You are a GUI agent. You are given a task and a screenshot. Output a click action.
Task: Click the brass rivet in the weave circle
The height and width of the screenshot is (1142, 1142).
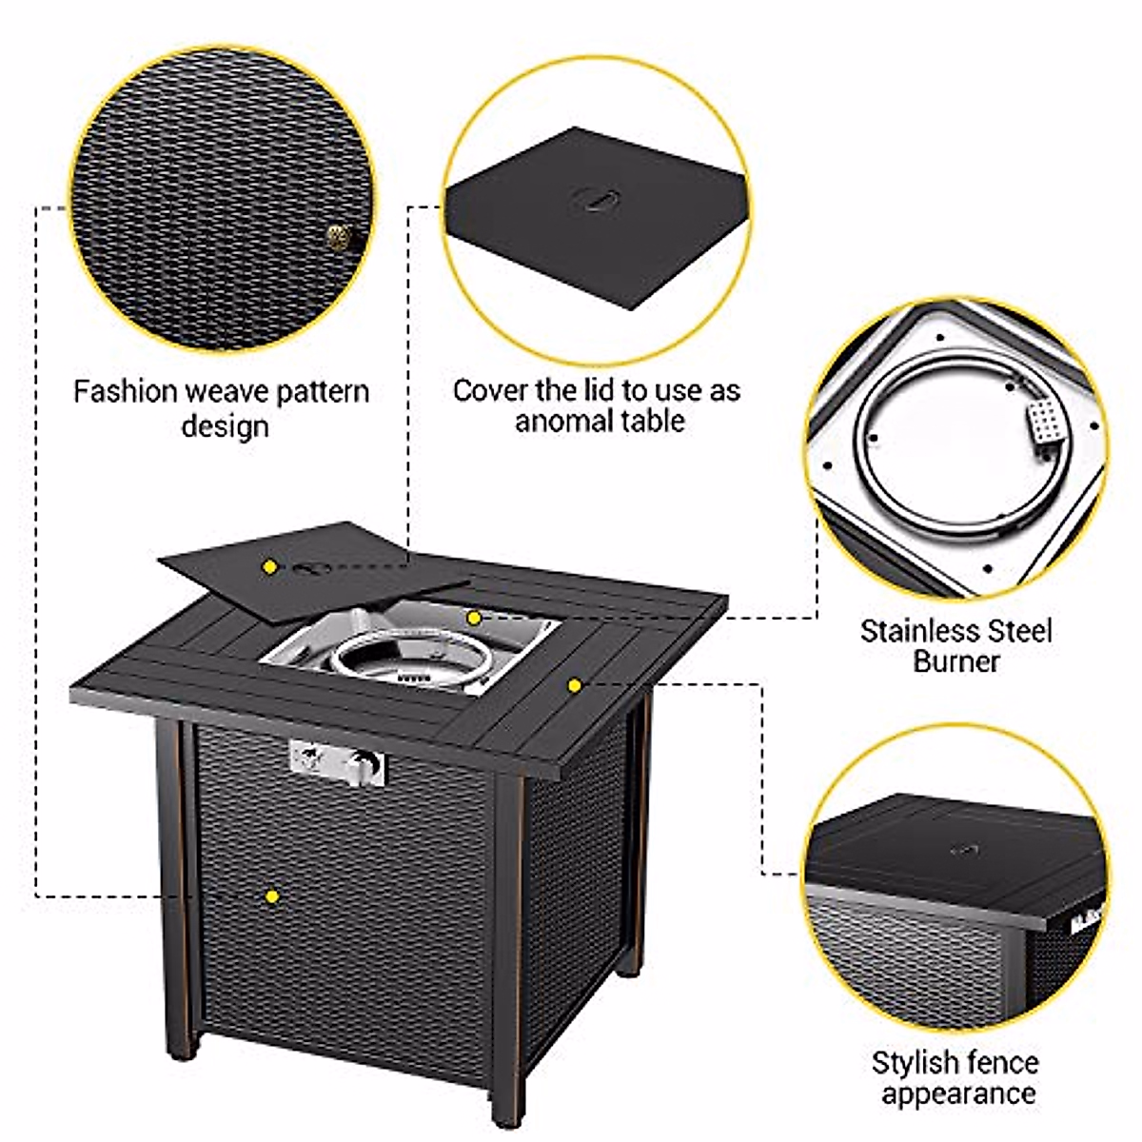[x=338, y=236]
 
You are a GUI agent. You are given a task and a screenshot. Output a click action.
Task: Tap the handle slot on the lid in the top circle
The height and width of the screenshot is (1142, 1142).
[x=594, y=199]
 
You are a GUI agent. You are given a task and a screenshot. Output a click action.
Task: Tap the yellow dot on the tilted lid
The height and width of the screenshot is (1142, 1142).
[x=270, y=566]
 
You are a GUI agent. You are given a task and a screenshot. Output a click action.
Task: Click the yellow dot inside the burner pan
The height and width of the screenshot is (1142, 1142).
[x=473, y=618]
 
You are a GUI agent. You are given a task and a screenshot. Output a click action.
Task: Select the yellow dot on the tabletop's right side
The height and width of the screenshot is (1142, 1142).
[x=574, y=684]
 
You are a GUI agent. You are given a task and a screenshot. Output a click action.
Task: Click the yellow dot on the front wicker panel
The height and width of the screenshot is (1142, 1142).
[x=272, y=896]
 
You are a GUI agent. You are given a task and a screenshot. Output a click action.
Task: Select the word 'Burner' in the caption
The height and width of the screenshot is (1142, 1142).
[x=956, y=661]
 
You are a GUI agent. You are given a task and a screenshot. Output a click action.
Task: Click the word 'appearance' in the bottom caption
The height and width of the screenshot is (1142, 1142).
[x=957, y=1093]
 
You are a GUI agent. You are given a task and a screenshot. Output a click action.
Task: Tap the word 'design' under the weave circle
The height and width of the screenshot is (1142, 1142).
[x=225, y=424]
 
